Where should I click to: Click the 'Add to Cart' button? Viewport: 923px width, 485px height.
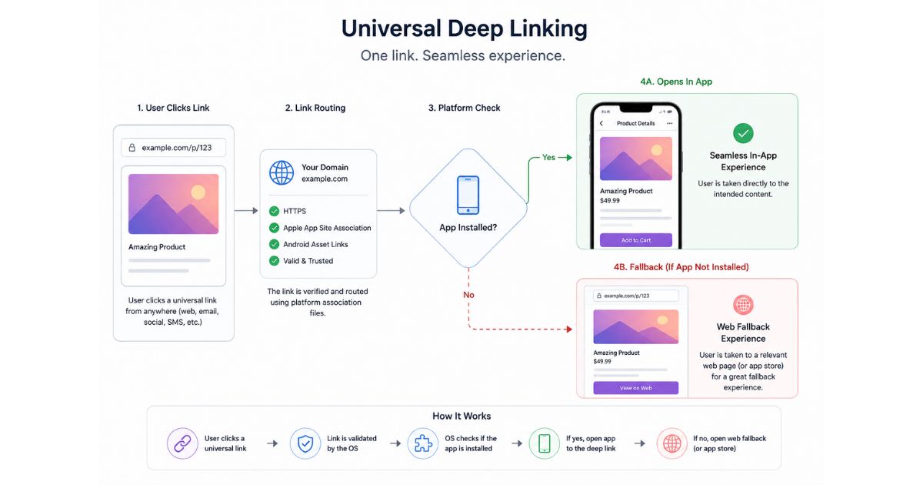[636, 240]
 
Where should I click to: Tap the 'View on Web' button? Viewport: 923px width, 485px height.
[636, 388]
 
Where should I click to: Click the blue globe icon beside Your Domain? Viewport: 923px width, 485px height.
[282, 172]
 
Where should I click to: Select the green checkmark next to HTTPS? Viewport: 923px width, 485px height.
[274, 211]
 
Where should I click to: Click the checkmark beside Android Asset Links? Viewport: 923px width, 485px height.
[274, 244]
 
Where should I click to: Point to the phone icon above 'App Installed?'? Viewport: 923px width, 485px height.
[468, 195]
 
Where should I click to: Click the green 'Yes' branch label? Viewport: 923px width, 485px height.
[548, 157]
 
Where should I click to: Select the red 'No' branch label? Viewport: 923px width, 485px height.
[468, 295]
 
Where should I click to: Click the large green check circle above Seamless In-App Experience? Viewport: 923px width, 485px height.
[743, 133]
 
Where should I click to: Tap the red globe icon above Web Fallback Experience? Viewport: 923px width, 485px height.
[743, 305]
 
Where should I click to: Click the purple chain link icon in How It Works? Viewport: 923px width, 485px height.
[182, 443]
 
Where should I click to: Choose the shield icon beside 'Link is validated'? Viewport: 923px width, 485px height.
[305, 443]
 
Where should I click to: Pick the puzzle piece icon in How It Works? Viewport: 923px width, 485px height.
[423, 443]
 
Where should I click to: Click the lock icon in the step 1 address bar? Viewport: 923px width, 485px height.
[132, 148]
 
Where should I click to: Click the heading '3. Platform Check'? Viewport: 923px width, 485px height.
[464, 108]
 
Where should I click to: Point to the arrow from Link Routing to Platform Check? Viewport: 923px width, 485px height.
[391, 211]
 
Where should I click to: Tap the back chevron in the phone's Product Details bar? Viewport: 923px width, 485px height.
[601, 123]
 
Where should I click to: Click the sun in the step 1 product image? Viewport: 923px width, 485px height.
[198, 192]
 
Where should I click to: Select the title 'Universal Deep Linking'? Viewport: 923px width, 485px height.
[464, 29]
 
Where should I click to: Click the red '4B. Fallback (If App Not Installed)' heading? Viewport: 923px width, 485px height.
[681, 267]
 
